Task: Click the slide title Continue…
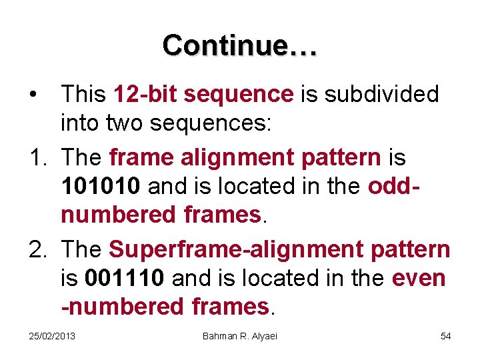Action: (240, 45)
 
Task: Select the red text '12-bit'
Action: (146, 95)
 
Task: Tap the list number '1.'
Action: (39, 158)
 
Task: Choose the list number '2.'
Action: (39, 249)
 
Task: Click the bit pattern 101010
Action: (100, 187)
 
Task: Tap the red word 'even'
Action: (419, 277)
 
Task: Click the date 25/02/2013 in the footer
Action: (52, 335)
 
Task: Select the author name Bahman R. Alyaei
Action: (240, 335)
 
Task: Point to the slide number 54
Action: (445, 335)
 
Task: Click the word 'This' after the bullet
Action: (84, 95)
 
